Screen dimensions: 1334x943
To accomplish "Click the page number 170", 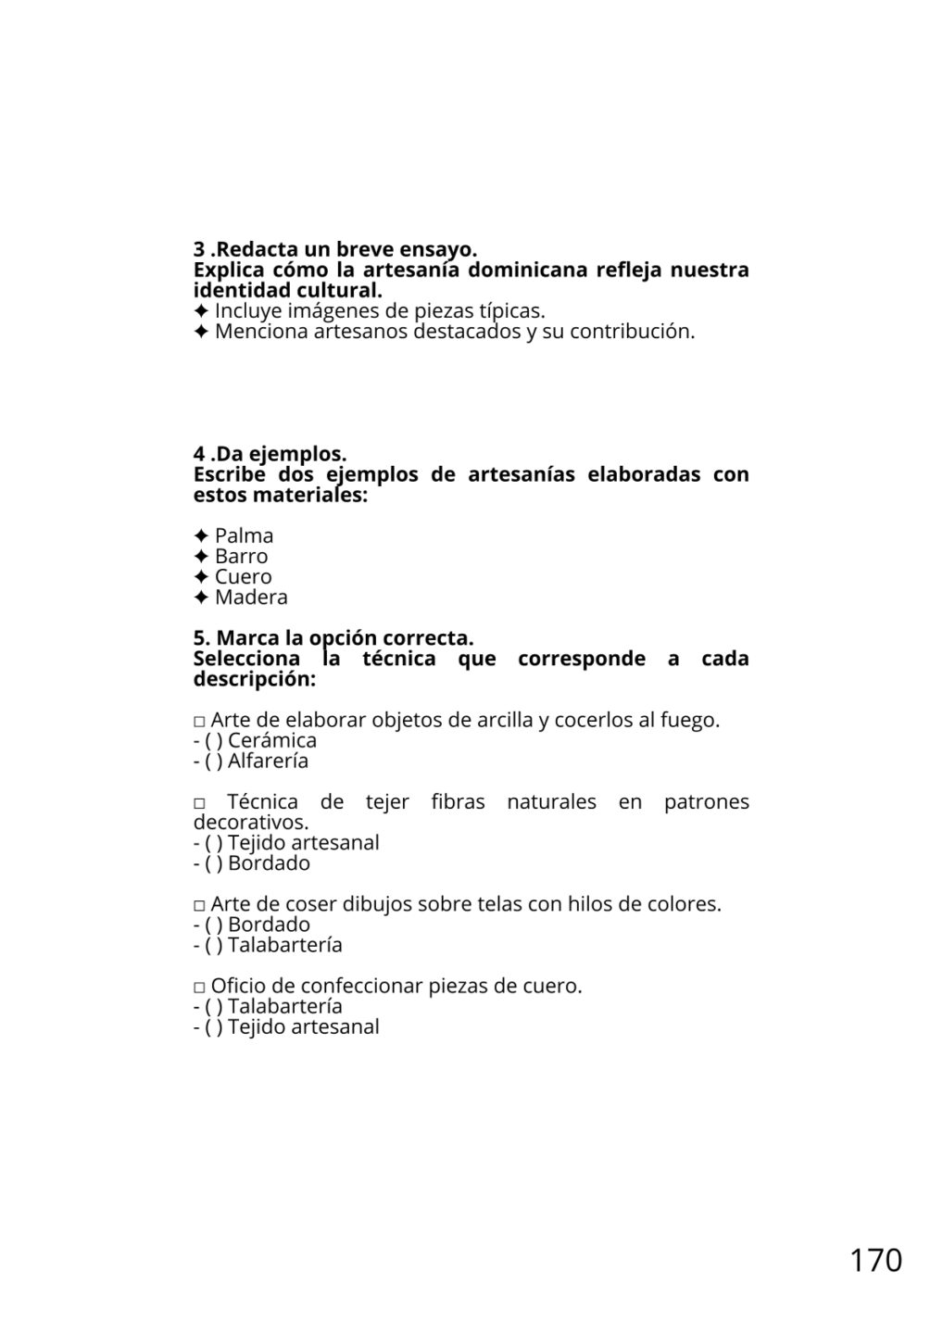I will pos(875,1260).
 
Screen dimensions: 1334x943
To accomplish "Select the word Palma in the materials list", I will pos(244,535).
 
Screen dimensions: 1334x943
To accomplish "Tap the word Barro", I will pos(241,556).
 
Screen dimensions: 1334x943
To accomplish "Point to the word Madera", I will pos(251,597).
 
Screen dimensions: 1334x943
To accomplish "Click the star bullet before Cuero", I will pos(201,576).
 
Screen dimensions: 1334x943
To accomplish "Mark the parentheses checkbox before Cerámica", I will pos(214,740).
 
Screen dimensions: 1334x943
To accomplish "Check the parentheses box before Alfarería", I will pos(214,761).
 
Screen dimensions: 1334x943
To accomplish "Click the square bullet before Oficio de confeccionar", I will pos(199,987).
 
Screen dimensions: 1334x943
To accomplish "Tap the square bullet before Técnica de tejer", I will pos(199,803).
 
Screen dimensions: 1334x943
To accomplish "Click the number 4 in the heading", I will pos(199,454).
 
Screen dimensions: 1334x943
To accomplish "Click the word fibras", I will pos(458,801).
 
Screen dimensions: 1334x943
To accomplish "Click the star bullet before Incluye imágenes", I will pos(201,310).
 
